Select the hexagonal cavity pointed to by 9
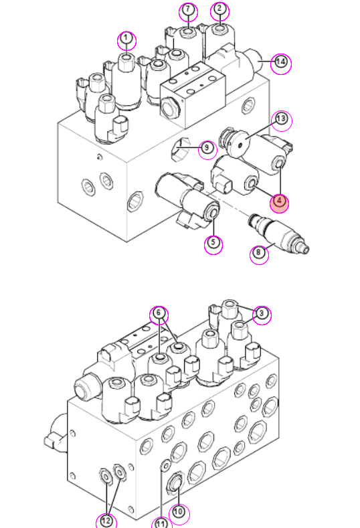(x=178, y=149)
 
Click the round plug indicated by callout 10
(x=175, y=485)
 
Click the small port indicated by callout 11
(x=165, y=466)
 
